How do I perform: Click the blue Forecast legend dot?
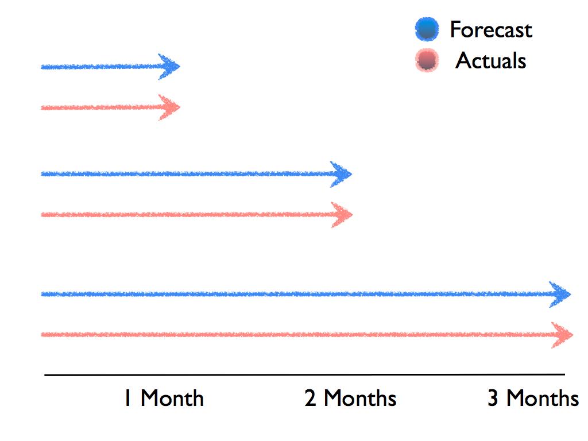[x=427, y=29]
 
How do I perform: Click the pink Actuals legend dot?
[x=427, y=60]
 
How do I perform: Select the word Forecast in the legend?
[x=491, y=29]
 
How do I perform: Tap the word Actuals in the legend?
[x=490, y=60]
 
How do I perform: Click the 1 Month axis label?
[x=164, y=398]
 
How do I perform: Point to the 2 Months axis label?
[x=350, y=398]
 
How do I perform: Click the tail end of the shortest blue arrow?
[x=41, y=68]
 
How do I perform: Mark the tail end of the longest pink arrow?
[x=41, y=335]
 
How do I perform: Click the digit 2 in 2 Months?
[x=310, y=399]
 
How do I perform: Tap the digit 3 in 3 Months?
[x=493, y=399]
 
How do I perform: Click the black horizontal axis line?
[x=304, y=374]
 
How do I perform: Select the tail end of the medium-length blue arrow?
[x=41, y=174]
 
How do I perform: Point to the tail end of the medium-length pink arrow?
[x=41, y=215]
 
